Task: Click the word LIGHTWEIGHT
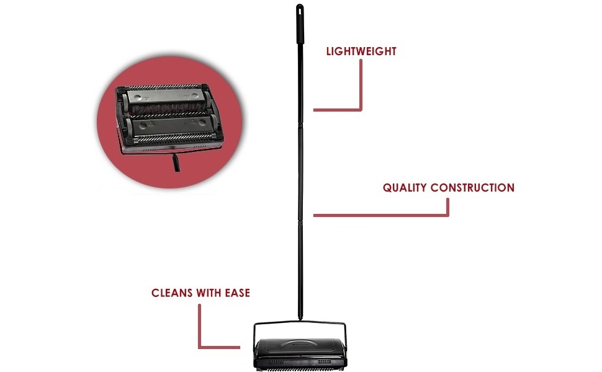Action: point(361,51)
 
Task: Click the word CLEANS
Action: point(173,292)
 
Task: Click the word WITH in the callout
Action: point(208,292)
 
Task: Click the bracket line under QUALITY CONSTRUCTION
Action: point(385,215)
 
